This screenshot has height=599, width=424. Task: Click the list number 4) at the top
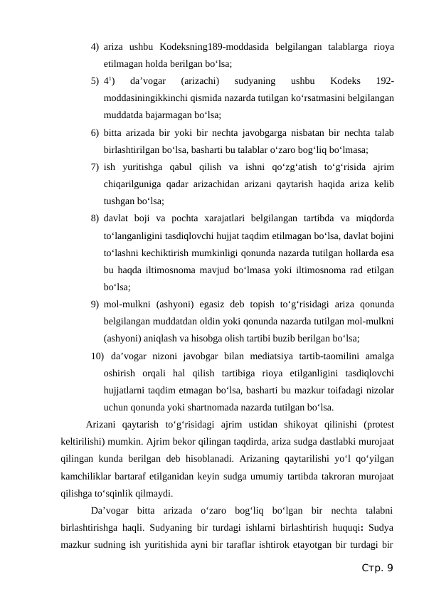[95, 47]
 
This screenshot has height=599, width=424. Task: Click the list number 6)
[95, 133]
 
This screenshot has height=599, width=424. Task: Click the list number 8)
[95, 218]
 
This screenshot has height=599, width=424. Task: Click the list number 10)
[97, 356]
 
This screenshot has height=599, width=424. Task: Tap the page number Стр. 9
[376, 568]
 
